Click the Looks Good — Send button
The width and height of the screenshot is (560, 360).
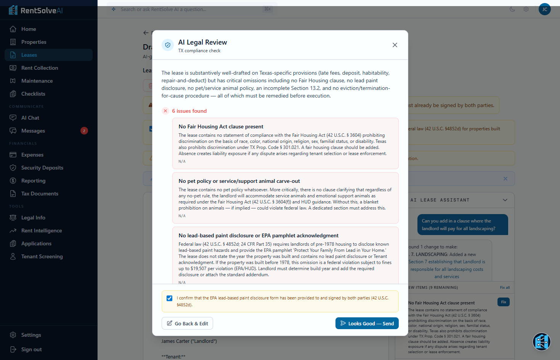367,323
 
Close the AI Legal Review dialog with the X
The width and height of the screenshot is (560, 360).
395,45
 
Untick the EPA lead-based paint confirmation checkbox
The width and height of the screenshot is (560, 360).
170,298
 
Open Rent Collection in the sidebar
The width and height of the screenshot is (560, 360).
40,68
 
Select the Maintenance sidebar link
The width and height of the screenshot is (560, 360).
37,81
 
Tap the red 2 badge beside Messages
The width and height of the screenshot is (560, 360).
84,131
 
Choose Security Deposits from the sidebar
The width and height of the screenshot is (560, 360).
42,168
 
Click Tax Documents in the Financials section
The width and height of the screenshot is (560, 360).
40,194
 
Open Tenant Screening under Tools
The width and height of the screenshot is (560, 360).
42,256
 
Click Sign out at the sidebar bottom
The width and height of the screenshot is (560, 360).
31,349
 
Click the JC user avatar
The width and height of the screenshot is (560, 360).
544,9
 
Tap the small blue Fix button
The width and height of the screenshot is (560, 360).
503,302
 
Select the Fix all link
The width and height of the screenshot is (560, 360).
505,288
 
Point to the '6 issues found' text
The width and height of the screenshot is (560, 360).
189,111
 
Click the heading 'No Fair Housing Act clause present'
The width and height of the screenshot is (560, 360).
221,126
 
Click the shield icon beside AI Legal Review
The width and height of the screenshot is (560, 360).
168,45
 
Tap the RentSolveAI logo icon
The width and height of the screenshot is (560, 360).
13,10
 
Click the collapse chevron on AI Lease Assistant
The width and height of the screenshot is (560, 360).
505,200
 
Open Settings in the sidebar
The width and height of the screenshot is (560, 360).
31,335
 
